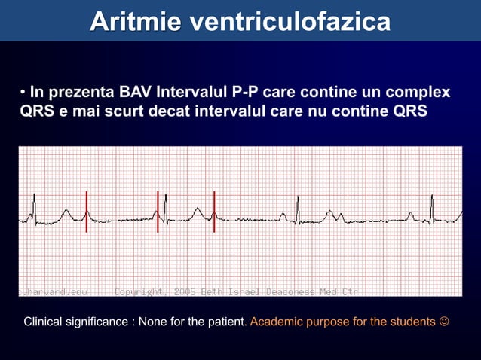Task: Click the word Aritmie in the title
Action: (x=135, y=22)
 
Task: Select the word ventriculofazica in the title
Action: (x=290, y=22)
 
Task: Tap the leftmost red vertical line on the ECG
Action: (x=87, y=212)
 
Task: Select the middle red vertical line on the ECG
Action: (x=158, y=212)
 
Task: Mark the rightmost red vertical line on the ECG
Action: (x=214, y=212)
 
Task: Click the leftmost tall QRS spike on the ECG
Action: (x=34, y=205)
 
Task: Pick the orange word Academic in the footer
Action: (x=278, y=322)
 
